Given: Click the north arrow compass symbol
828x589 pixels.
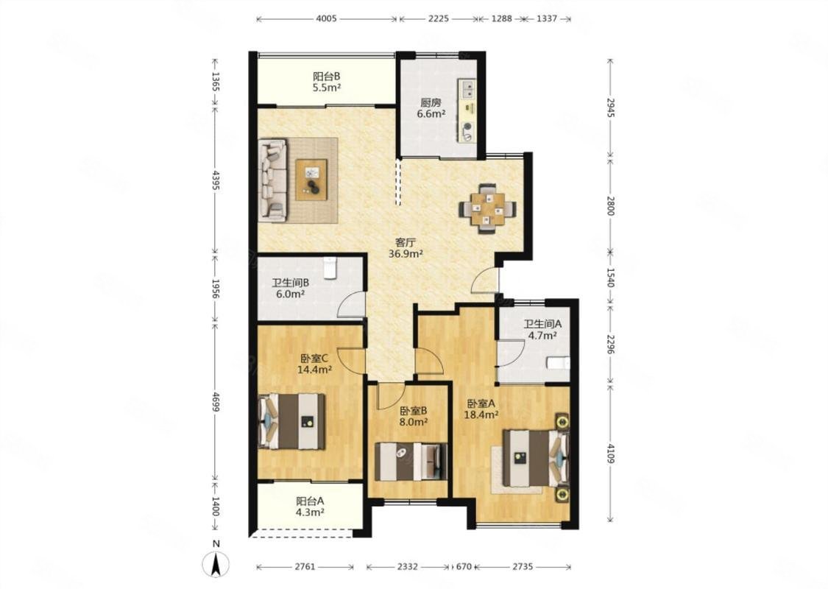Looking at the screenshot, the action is tap(216, 564).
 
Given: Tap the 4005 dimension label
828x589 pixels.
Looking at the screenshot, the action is tap(326, 18).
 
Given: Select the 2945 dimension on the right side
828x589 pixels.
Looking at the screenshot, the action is tap(610, 107).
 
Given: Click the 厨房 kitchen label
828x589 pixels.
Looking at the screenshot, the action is tap(431, 102).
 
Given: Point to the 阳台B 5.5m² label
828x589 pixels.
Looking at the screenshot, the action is tap(326, 82).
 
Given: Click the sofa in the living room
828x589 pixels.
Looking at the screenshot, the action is tap(273, 180).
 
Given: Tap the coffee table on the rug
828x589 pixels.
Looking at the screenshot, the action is tap(311, 180).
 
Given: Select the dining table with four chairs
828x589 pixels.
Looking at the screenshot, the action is tap(487, 208).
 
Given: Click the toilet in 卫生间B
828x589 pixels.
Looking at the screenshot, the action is tap(330, 267).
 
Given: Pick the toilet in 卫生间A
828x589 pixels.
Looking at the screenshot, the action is tap(558, 363).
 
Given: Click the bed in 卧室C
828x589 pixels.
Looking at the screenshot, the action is tap(291, 422).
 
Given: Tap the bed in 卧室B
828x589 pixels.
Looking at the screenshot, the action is tap(411, 461).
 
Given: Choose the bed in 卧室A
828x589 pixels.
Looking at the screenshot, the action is tap(536, 458).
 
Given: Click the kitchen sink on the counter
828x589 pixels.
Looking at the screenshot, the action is tap(467, 89).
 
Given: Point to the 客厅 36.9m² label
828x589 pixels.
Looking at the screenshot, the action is tap(406, 248).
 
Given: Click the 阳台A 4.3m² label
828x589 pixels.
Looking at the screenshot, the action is tap(310, 506).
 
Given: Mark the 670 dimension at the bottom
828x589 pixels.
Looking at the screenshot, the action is tap(463, 567).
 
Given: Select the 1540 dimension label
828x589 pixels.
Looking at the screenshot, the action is tap(610, 278).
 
